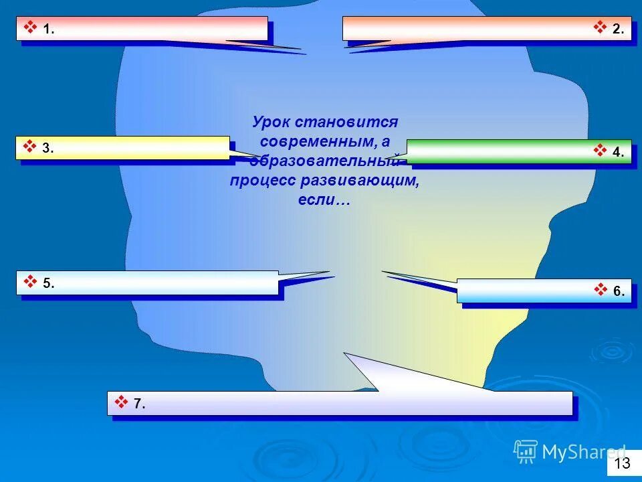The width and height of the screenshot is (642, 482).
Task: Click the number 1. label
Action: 49,29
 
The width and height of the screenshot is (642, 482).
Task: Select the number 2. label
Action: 618,29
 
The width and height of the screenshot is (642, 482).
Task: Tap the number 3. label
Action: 48,149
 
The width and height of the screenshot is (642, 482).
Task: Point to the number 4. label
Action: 618,153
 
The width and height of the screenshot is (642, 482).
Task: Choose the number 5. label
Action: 48,283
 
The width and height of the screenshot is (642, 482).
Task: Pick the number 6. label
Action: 619,291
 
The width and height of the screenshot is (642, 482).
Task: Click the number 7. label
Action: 139,404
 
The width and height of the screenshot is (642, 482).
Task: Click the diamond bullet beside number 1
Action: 30,27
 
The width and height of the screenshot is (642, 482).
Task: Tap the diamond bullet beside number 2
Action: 600,27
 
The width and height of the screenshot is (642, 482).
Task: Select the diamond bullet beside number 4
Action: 600,151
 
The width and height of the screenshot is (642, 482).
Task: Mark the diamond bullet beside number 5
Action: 30,281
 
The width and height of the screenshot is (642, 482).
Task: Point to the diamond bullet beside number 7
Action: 121,402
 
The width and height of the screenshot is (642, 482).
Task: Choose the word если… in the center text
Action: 324,200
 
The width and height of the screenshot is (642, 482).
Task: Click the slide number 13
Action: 622,463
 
